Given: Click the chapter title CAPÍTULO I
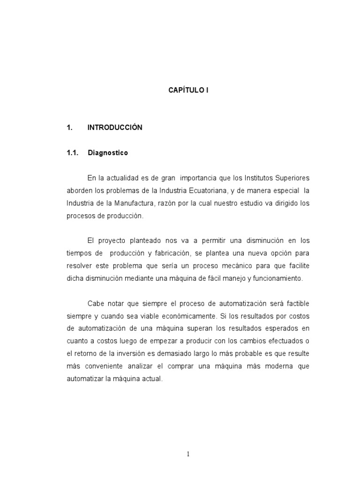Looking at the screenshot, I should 188,90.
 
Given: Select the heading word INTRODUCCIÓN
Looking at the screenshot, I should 115,127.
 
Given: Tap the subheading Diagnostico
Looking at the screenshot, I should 108,153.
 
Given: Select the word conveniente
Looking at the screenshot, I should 105,366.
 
